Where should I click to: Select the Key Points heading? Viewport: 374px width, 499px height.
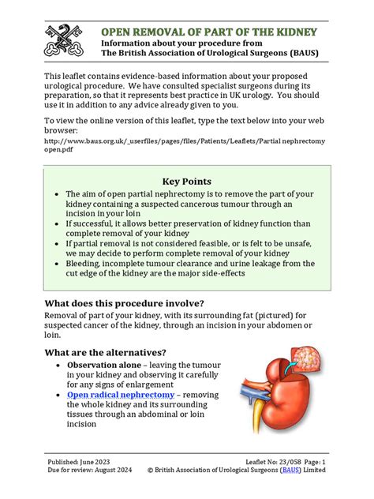[x=186, y=182]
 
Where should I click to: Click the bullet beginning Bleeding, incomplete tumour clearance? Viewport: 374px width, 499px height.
[x=189, y=268]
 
